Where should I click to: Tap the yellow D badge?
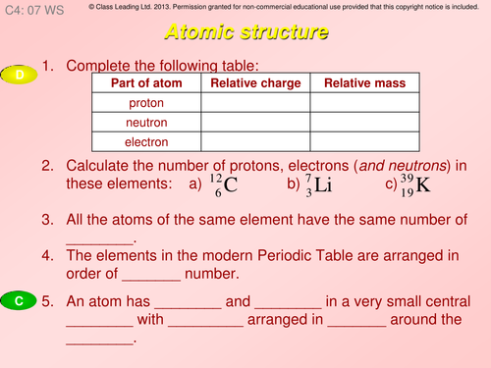pyautogui.click(x=20, y=75)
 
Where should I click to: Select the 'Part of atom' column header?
pyautogui.click(x=146, y=83)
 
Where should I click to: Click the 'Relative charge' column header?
pyautogui.click(x=255, y=83)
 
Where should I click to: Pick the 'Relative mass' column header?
pyautogui.click(x=365, y=83)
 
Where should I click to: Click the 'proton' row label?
pyautogui.click(x=146, y=103)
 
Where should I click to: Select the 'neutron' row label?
pyautogui.click(x=146, y=123)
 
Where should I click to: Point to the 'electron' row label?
pyautogui.click(x=146, y=142)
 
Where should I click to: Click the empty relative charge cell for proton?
pyautogui.click(x=255, y=103)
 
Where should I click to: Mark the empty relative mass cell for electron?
pyautogui.click(x=365, y=142)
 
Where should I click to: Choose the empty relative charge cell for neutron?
pyautogui.click(x=255, y=123)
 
